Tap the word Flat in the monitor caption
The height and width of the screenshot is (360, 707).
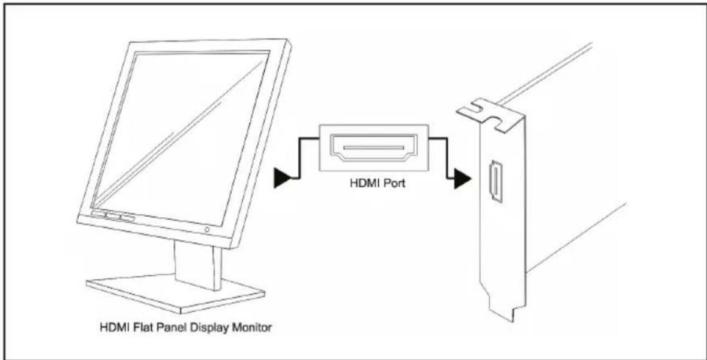134,327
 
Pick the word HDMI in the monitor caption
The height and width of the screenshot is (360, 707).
111,327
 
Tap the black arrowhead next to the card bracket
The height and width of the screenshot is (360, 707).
462,179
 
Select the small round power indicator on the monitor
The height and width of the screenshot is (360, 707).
207,229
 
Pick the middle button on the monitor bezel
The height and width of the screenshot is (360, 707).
113,216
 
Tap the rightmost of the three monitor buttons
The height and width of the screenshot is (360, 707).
127,219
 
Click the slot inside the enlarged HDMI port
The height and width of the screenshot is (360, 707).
373,146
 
